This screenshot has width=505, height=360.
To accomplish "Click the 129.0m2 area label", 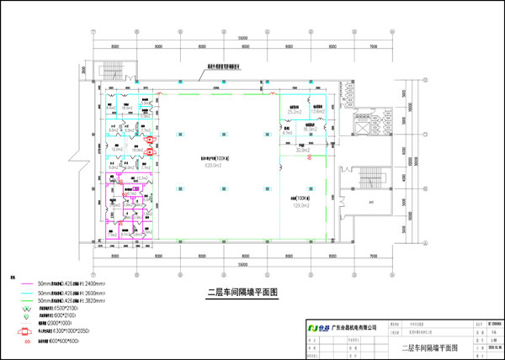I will point(301,204).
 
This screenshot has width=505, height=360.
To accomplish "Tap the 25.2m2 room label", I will point(295,112).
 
